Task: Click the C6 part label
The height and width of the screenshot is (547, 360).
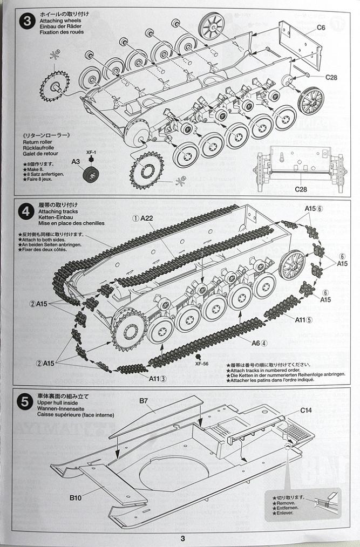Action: coord(321,27)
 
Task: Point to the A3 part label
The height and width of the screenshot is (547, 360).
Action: coord(76,161)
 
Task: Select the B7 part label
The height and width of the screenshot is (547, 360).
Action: coord(144,400)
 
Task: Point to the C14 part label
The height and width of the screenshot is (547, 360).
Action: coord(306,410)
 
